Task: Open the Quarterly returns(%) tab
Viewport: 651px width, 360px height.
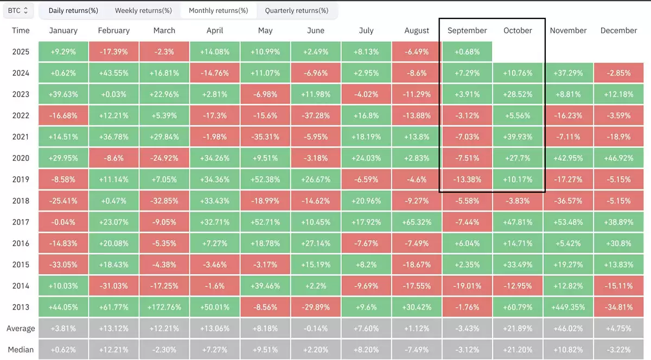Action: pos(296,10)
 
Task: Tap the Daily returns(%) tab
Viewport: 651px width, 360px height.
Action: pos(73,10)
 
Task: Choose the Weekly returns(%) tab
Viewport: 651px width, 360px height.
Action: pos(143,10)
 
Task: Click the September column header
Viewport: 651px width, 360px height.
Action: pos(467,30)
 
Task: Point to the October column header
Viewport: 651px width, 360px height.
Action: pos(518,30)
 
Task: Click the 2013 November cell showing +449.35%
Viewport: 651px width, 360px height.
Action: pos(568,307)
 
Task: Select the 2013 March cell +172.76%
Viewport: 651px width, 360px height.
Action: pos(164,307)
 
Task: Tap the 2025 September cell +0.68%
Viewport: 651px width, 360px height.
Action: pos(467,52)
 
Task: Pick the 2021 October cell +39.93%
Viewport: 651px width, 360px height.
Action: pos(518,137)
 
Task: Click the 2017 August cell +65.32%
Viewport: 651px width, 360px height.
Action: pos(417,222)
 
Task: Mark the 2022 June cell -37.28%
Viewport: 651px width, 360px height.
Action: pos(316,116)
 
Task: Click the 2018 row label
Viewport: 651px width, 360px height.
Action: pos(21,201)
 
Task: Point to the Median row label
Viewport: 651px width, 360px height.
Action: pos(21,350)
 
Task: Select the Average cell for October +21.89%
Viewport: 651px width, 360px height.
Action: pos(518,329)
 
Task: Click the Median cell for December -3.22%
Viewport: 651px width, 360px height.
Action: pos(618,350)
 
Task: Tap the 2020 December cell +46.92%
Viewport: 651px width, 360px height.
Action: pos(618,158)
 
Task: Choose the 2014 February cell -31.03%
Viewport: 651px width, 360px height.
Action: pos(114,286)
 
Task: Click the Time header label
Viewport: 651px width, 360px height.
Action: pos(21,30)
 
